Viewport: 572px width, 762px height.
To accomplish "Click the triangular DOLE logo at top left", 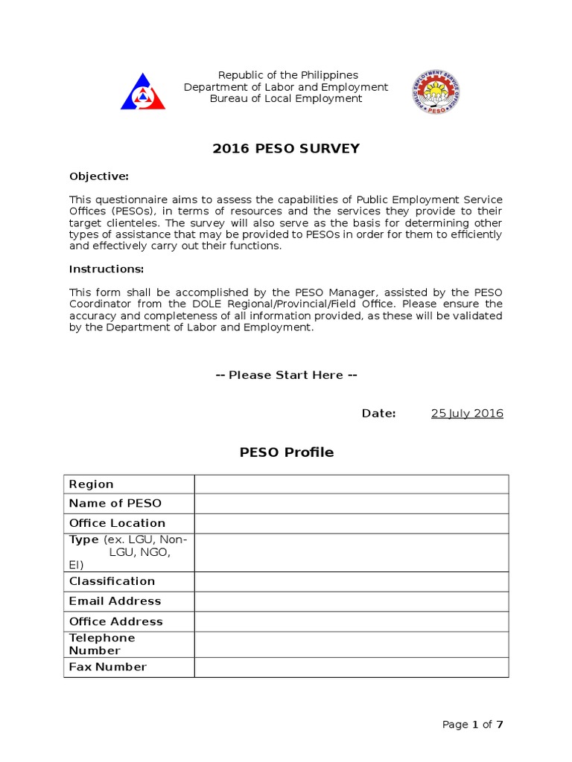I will click(143, 92).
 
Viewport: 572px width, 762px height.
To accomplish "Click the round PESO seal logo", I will click(436, 92).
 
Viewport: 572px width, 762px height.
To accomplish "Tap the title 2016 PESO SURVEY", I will click(286, 149).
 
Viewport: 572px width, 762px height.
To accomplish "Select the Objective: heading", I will click(99, 176).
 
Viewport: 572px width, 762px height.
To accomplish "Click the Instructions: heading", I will click(107, 269).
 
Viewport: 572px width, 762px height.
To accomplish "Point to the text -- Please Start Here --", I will click(286, 375).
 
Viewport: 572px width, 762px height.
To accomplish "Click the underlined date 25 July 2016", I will click(467, 414).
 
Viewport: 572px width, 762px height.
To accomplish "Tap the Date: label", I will click(379, 414).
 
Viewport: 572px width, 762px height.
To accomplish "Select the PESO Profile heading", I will click(286, 452).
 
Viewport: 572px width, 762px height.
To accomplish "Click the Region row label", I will click(92, 484).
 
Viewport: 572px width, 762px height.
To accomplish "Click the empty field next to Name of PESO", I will click(352, 504).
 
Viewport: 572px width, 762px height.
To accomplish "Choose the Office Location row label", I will click(117, 523).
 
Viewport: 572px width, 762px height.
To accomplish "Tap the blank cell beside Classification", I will click(352, 581).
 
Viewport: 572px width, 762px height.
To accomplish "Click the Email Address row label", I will click(115, 601).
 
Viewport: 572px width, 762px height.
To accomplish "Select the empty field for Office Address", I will click(352, 621).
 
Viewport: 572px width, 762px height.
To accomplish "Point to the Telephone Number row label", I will click(102, 644).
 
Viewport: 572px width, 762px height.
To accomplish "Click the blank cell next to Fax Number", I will click(352, 667).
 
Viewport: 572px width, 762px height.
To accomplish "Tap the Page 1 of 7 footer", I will click(473, 725).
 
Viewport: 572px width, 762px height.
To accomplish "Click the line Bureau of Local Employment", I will click(286, 98).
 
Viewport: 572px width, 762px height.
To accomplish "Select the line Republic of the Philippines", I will click(287, 75).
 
